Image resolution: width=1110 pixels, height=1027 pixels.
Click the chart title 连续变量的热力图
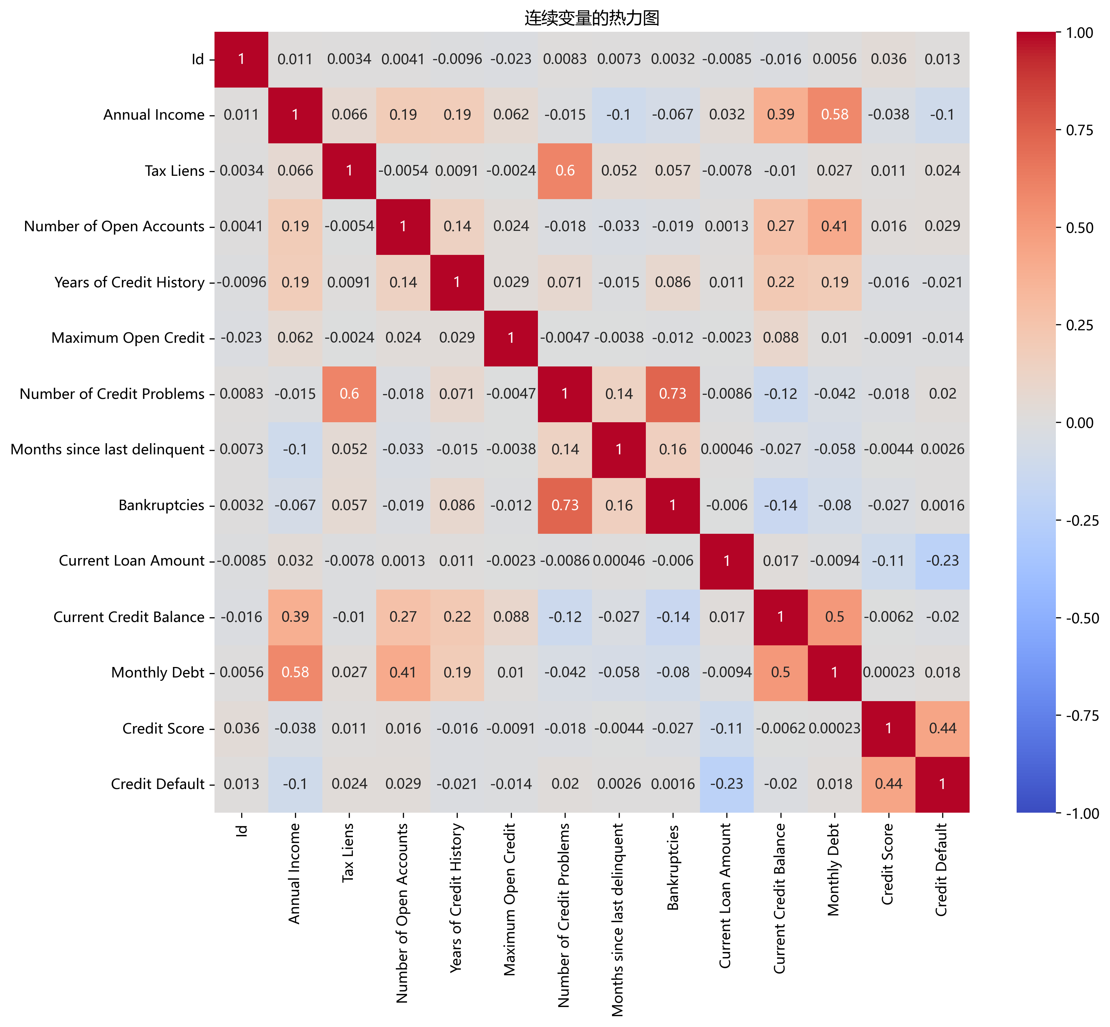tap(592, 18)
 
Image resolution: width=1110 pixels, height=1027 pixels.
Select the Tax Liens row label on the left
tap(174, 171)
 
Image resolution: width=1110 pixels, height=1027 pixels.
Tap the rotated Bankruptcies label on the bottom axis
tap(673, 867)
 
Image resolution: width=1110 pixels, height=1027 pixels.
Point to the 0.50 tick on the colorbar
tap(1081, 228)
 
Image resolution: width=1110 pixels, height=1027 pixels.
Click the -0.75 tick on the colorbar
tap(1081, 716)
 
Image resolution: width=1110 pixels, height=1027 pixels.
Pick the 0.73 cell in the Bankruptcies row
tap(565, 505)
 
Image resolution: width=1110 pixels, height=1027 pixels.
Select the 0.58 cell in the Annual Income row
tap(835, 115)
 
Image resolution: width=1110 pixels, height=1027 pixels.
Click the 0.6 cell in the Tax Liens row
tap(565, 171)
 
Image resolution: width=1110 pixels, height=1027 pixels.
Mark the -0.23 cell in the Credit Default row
tap(727, 784)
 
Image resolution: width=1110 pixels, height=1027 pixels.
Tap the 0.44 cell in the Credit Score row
tap(943, 729)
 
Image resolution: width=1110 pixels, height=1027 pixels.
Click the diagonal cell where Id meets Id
tap(241, 59)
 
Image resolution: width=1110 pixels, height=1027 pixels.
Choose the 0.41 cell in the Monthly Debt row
tap(403, 672)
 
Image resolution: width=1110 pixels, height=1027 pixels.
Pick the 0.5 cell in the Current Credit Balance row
tap(835, 617)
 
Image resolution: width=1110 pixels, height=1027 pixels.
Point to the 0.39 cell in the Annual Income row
tap(781, 115)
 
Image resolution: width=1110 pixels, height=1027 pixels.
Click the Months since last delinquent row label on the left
tap(107, 449)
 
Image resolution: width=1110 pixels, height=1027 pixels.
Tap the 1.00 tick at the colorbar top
tap(1081, 33)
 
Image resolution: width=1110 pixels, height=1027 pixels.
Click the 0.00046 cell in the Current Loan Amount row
tap(619, 561)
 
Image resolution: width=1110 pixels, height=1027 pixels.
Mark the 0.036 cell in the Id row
tap(889, 59)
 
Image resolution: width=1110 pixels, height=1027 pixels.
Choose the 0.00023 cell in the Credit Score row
tap(835, 729)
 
